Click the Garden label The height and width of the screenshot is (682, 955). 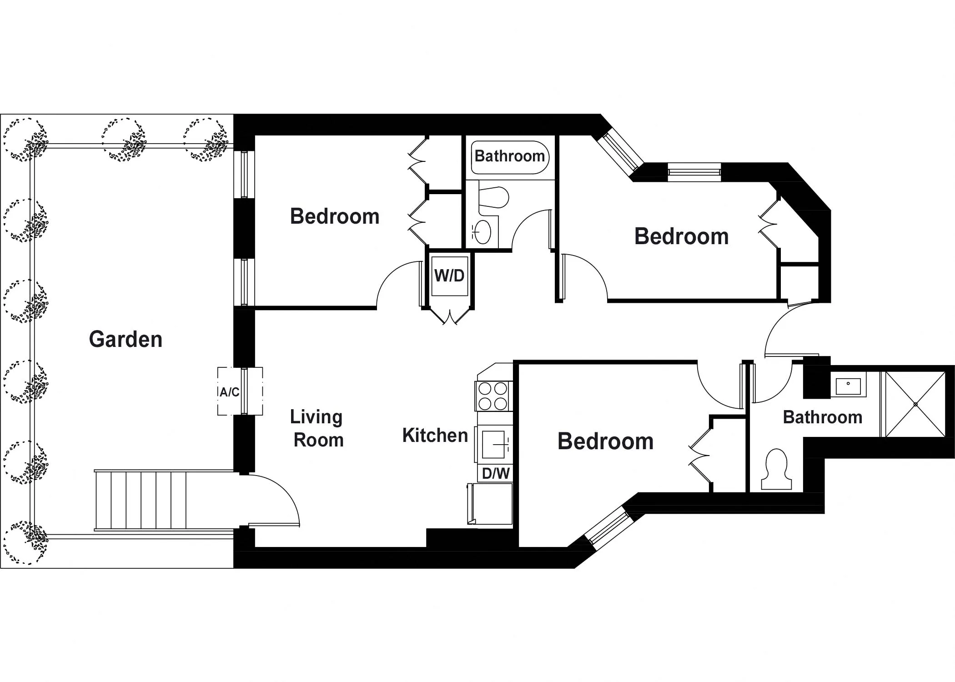[126, 339]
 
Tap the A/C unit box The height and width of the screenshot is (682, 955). [229, 391]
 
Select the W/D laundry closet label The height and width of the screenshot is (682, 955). [449, 276]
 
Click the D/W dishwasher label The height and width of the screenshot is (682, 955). [495, 473]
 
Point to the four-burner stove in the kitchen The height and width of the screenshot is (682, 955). [493, 396]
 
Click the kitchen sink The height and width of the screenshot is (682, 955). [494, 444]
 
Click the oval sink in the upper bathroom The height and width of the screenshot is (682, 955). [483, 232]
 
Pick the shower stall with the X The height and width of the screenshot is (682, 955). [915, 404]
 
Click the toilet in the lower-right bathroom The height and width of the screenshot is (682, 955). [776, 468]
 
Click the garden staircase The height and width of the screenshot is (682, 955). [141, 500]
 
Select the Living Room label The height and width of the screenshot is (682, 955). [317, 428]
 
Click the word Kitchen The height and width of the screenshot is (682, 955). [435, 436]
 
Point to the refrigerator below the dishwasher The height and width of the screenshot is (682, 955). [491, 504]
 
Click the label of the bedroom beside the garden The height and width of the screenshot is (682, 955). [335, 216]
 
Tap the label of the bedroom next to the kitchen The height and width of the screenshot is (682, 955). [605, 441]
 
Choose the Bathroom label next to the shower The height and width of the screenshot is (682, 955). [822, 417]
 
